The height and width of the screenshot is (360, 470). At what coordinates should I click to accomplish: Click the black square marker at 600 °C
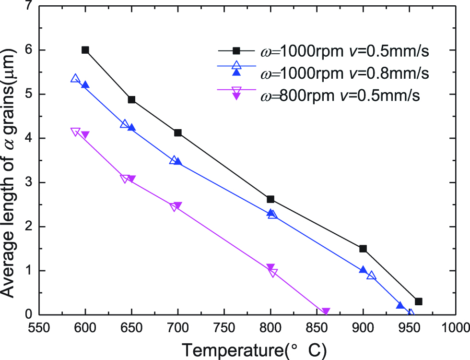coord(85,50)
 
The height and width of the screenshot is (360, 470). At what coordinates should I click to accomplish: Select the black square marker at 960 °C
coord(418,301)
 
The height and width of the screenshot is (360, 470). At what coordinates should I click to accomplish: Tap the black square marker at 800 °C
coord(270,199)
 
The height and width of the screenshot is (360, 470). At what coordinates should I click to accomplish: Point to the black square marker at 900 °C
coord(363,249)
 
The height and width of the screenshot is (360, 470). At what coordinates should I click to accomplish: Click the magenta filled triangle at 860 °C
coord(326,312)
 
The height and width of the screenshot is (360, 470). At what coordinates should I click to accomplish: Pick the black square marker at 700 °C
coord(178,132)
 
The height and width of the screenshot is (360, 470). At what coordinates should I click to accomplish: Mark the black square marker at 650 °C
coord(131,100)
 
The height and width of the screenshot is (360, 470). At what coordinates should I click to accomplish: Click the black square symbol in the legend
coord(235,50)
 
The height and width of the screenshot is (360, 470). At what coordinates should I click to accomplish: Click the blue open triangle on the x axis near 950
coord(410,314)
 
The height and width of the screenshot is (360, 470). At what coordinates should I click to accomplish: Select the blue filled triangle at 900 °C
coord(363,270)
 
